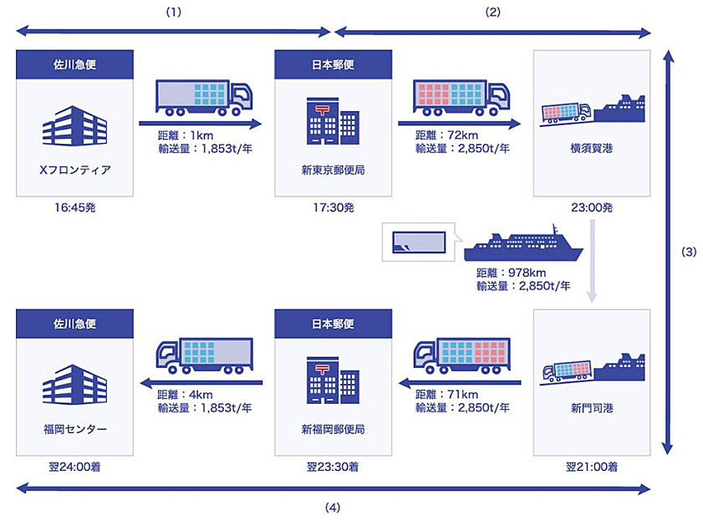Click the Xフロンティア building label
coord(75,170)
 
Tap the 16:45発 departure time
coord(75,207)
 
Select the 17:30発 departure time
coord(334,207)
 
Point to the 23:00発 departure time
coord(592,207)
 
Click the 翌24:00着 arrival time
coord(75,467)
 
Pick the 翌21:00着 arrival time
coord(592,467)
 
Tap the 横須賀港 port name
coord(592,148)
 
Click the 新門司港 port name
coord(592,408)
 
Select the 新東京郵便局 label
coord(334,170)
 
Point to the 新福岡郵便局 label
coord(334,429)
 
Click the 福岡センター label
coord(75,429)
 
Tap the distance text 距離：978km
coord(511,273)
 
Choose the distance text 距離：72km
coord(446,135)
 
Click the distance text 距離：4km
coord(185,395)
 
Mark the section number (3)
coord(689,252)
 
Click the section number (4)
coord(332,508)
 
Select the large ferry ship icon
coord(523,243)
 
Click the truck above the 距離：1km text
coord(204,98)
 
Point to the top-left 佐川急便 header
coord(75,64)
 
